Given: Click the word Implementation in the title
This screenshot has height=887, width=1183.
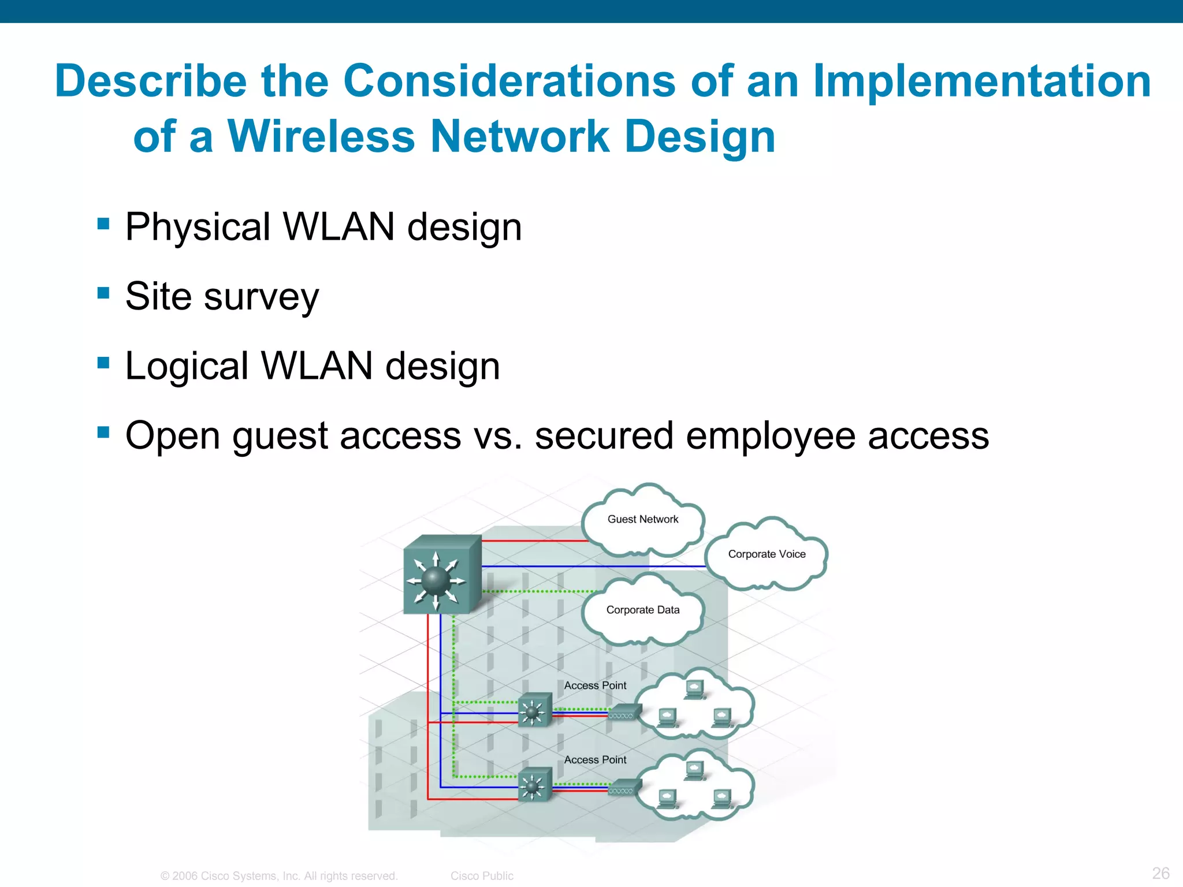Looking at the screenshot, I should tap(982, 81).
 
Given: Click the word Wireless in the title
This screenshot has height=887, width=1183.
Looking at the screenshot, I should tap(321, 136).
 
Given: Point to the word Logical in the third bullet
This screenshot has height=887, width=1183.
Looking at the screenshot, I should tap(187, 366).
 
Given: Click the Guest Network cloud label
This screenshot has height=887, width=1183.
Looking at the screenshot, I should tap(643, 519).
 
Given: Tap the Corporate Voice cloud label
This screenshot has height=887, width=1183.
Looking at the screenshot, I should tap(767, 554).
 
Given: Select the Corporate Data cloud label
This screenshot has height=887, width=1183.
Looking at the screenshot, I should tap(643, 610).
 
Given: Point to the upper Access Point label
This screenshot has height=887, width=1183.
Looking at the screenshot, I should tap(595, 685).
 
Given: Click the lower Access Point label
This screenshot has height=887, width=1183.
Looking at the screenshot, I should tap(595, 760).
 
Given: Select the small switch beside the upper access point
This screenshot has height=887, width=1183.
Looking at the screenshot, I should tap(534, 710).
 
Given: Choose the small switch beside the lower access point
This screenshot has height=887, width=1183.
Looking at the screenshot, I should tap(534, 785).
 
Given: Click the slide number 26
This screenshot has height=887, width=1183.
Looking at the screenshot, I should tap(1160, 873).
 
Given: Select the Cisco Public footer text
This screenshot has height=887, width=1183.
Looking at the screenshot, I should tap(482, 876).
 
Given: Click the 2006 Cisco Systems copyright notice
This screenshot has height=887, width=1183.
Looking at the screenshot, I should tap(279, 876).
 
